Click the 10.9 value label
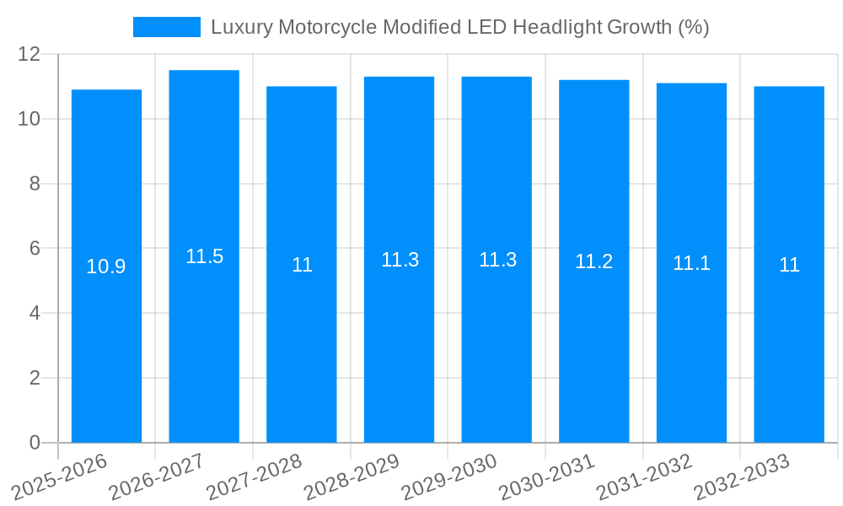pos(106,266)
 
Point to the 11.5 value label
pos(204,256)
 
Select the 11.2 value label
pos(593,261)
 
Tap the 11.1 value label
pos(691,263)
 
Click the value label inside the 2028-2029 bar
pos(400,260)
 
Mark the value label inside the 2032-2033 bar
pos(789,265)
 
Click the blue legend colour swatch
pos(167,27)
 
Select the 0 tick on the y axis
pos(35,443)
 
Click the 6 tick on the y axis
pos(35,249)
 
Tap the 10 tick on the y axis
pos(30,119)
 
